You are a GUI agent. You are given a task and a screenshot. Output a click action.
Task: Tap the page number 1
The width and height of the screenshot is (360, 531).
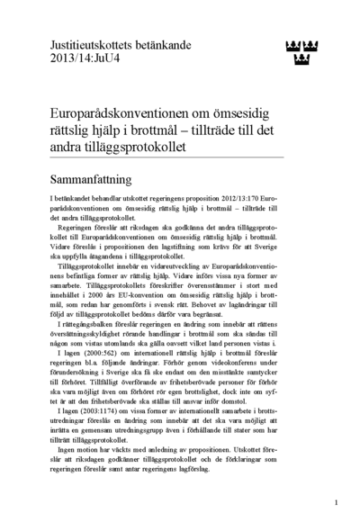(x=335, y=502)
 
